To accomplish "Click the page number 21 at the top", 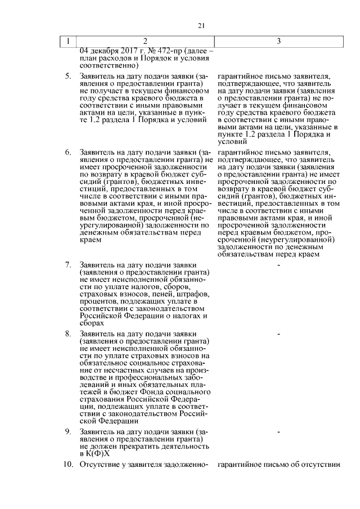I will [x=201, y=25].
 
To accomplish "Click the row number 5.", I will [x=67, y=75].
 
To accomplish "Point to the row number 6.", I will [x=67, y=152].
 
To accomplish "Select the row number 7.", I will [x=67, y=264].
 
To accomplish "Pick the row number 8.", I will [x=67, y=334].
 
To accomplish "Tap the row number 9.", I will [x=67, y=431].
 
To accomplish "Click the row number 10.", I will [x=67, y=465].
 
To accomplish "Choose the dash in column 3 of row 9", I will [x=279, y=432].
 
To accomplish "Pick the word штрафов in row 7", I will [x=192, y=294].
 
